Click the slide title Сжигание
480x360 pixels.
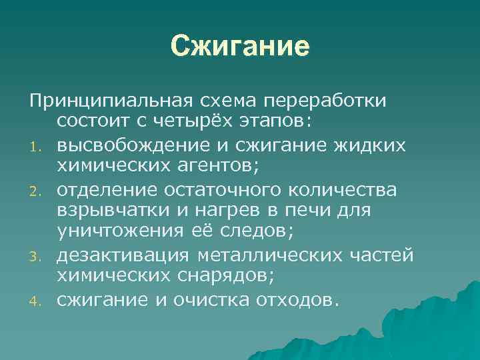coord(240,47)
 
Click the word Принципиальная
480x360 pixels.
coord(111,100)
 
